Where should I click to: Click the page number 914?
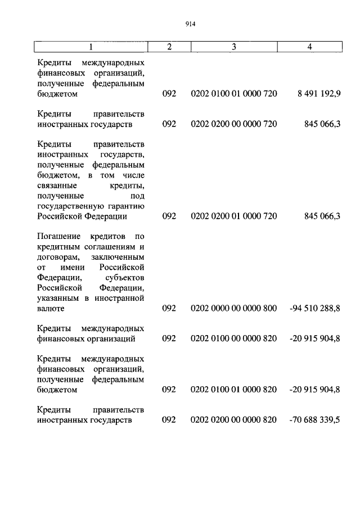point(190,24)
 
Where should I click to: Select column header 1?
point(90,47)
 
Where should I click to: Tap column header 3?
point(233,47)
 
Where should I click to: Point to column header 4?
point(310,47)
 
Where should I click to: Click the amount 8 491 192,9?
point(319,93)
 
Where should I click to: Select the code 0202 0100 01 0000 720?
point(234,93)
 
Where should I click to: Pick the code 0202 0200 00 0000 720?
point(234,124)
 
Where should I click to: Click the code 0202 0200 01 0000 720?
point(234,216)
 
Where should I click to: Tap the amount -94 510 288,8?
point(315,308)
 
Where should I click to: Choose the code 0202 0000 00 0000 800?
point(234,308)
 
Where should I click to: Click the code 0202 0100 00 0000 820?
point(234,338)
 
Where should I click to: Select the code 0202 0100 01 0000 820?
point(234,390)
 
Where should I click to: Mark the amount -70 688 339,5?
point(315,420)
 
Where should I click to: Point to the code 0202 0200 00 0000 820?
point(234,420)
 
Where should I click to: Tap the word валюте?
point(51,308)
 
